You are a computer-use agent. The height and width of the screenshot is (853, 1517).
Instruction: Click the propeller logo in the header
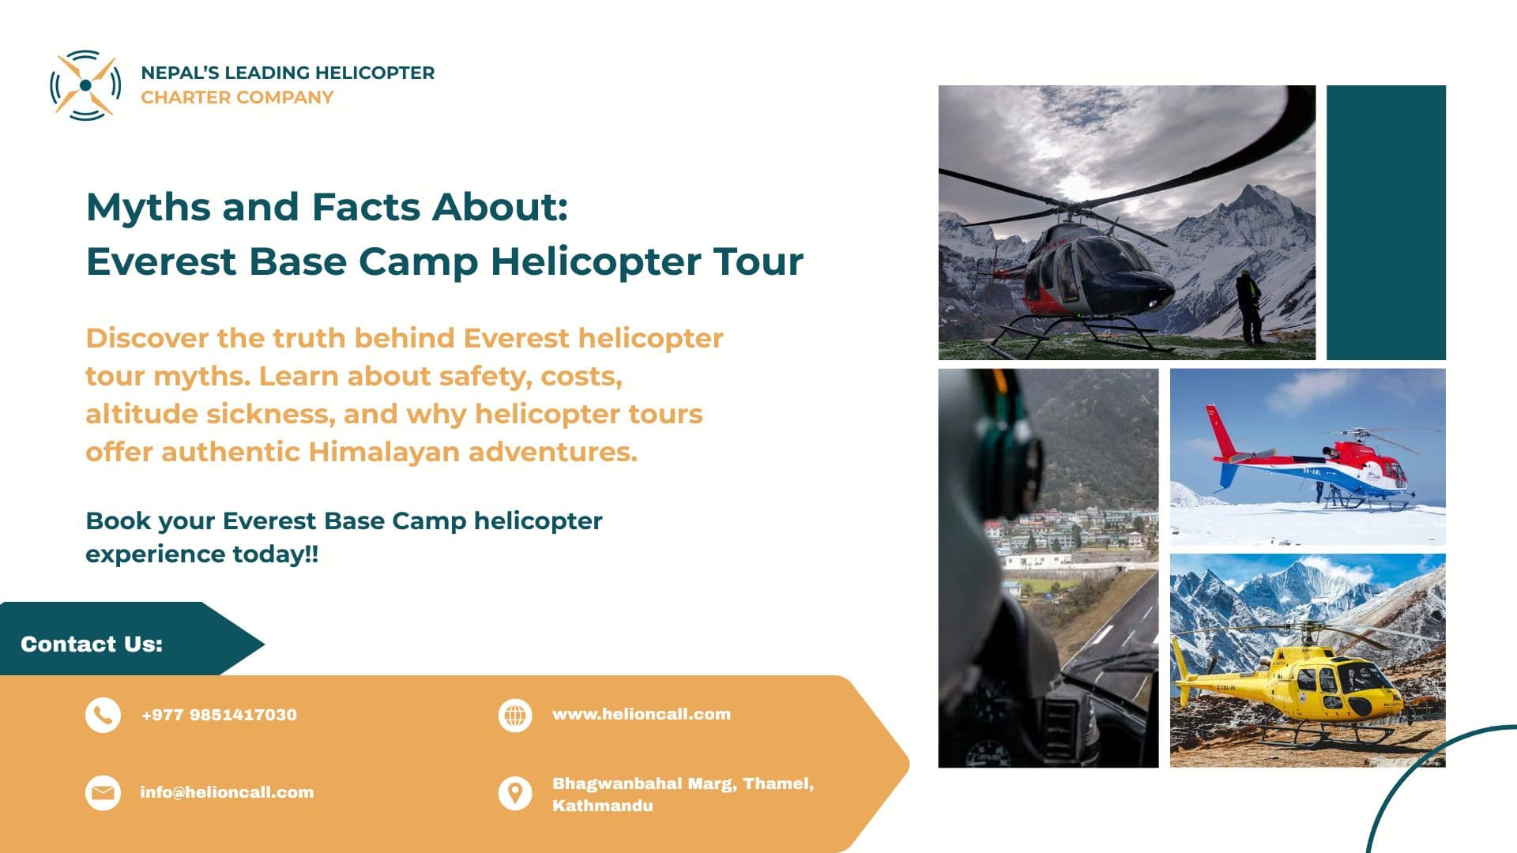(x=85, y=85)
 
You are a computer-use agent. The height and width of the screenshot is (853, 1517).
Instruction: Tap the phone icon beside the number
(x=103, y=716)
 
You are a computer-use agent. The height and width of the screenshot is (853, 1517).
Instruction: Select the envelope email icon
(x=103, y=793)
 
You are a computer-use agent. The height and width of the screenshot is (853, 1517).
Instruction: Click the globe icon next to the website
(x=515, y=716)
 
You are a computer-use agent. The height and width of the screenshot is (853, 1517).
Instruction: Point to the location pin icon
(x=515, y=793)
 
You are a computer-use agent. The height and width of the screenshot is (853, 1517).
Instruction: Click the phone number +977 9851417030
(x=219, y=715)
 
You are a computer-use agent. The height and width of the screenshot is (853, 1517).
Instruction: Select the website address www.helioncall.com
(x=641, y=714)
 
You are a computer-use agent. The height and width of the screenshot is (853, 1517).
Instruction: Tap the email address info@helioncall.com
(x=227, y=792)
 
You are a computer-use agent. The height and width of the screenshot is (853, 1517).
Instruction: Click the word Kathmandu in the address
(x=602, y=806)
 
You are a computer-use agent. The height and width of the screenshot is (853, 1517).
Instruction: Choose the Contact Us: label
(x=92, y=644)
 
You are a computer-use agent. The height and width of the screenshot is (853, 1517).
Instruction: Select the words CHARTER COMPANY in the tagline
(x=237, y=97)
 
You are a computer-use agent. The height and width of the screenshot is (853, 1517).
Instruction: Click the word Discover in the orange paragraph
(x=147, y=338)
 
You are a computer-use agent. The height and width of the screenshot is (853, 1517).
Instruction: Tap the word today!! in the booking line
(x=275, y=554)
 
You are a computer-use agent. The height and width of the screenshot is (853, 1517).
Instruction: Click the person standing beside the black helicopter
(x=1248, y=308)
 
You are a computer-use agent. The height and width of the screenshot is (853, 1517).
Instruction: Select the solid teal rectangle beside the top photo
(x=1386, y=222)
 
